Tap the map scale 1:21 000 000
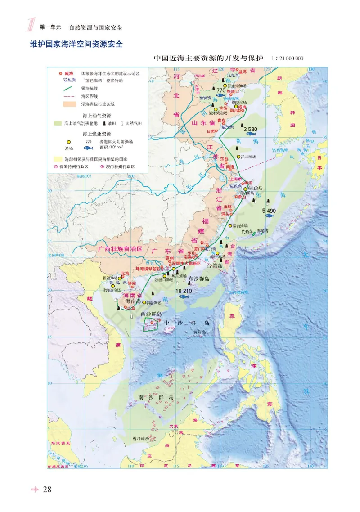[x=288, y=58]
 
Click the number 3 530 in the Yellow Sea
[x=250, y=129]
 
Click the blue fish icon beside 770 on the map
[x=220, y=95]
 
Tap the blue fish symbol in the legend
[x=89, y=147]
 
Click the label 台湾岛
[x=214, y=266]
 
